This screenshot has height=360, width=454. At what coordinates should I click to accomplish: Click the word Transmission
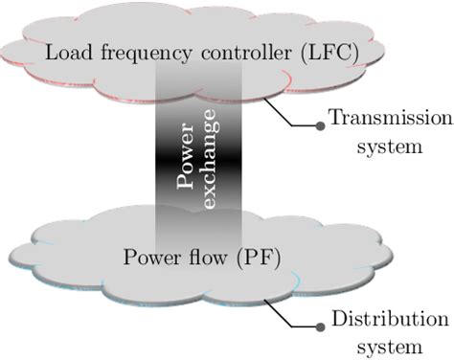tap(389, 119)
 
